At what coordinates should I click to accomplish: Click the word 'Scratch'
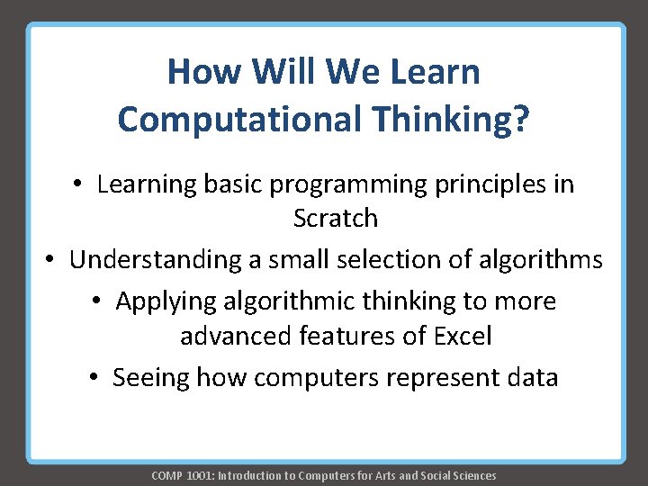tap(336, 219)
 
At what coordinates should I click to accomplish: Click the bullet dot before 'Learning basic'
tap(79, 184)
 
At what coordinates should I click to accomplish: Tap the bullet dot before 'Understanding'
tap(52, 260)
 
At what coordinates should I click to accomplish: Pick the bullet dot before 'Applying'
tap(98, 301)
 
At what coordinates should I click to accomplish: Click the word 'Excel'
tap(463, 337)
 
